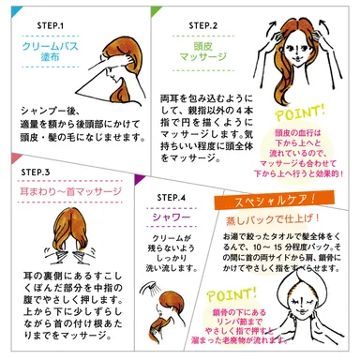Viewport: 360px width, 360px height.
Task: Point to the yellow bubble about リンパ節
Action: point(267,323)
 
